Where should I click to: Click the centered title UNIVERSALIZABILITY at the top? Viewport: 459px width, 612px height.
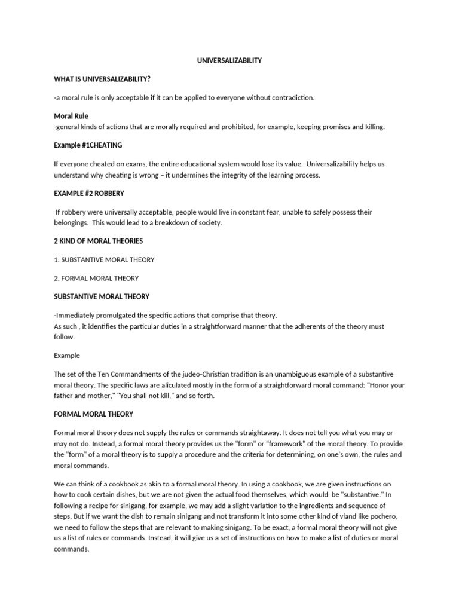(x=229, y=60)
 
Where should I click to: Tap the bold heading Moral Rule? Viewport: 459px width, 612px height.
(x=71, y=115)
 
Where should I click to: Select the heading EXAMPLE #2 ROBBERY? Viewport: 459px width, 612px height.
(x=89, y=194)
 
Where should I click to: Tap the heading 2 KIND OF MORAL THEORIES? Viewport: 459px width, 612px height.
(x=99, y=241)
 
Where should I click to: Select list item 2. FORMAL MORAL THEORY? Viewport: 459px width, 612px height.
(x=96, y=278)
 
